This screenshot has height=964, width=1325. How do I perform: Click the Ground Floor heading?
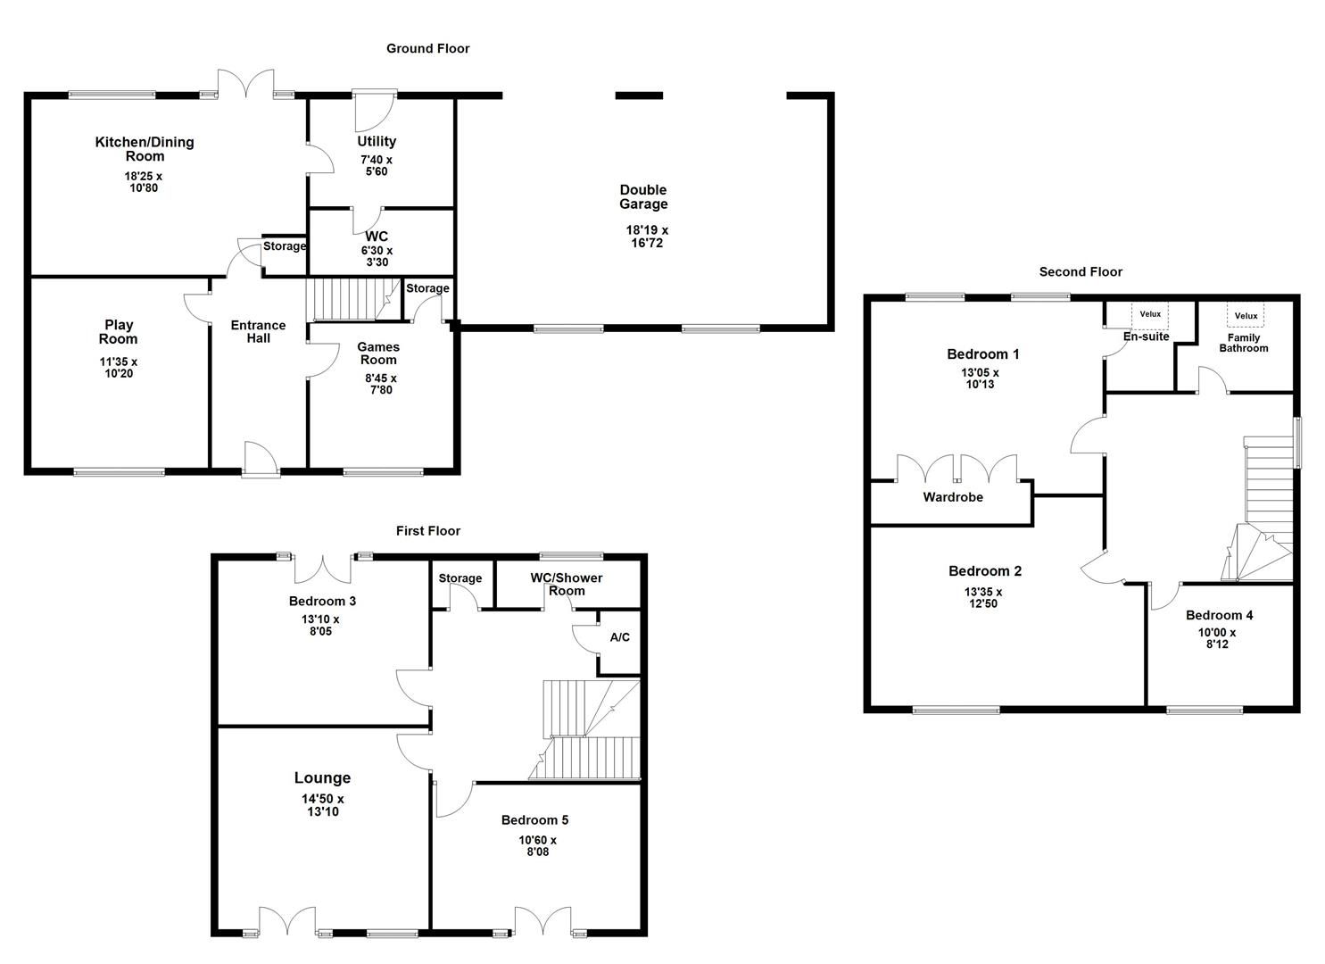tap(427, 48)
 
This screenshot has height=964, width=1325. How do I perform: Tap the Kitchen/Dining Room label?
tap(144, 148)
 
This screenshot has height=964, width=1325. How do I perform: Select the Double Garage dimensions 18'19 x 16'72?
tap(646, 237)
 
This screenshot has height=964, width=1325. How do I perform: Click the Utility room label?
tap(377, 141)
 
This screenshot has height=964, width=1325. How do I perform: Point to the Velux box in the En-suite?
tap(1150, 314)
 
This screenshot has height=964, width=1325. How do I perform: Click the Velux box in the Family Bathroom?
tap(1246, 315)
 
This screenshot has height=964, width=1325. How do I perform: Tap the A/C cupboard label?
tap(619, 637)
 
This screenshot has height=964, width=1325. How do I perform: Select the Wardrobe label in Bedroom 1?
tap(952, 497)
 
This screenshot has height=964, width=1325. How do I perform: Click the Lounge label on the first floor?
tap(322, 777)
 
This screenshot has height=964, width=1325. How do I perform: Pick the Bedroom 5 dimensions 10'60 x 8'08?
tap(537, 845)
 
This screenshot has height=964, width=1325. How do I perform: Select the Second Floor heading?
tap(1081, 271)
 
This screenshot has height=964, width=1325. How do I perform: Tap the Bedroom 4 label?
tap(1219, 615)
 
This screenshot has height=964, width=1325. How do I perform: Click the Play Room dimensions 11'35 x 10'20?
tap(118, 368)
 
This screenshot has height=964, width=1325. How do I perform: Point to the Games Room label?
tap(378, 353)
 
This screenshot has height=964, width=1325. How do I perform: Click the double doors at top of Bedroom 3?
tap(321, 568)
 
